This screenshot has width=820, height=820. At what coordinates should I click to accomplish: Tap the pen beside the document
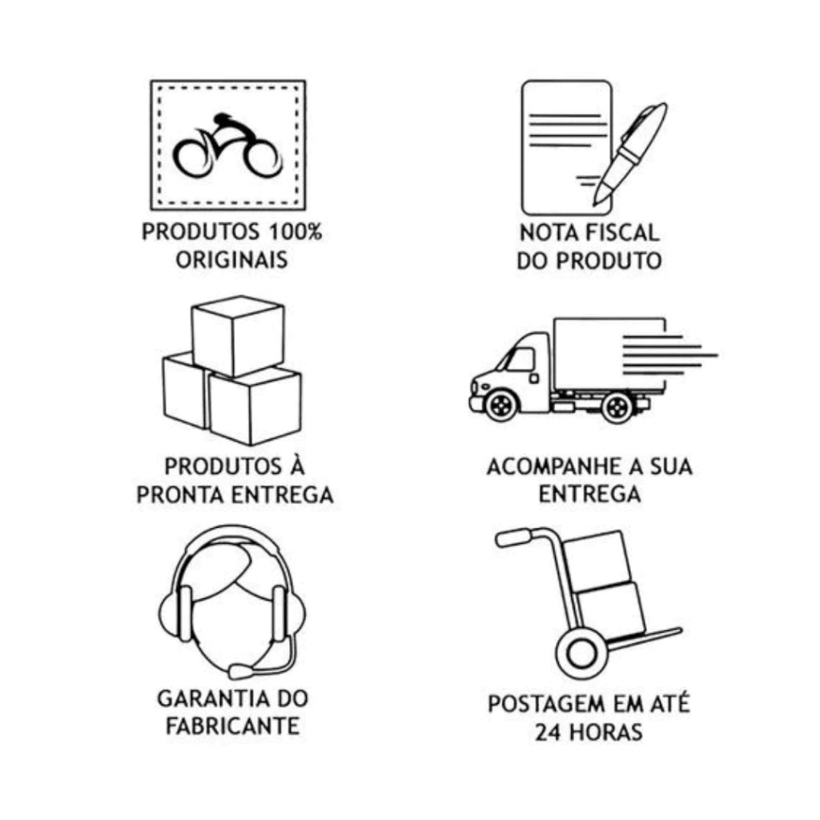pyautogui.click(x=629, y=155)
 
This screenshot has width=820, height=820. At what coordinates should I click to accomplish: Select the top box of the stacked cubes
pyautogui.click(x=239, y=336)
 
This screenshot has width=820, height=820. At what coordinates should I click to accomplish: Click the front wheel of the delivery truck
pyautogui.click(x=501, y=404)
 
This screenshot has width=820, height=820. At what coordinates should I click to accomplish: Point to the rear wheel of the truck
pyautogui.click(x=617, y=406)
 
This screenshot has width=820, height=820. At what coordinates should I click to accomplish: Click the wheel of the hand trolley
pyautogui.click(x=581, y=653)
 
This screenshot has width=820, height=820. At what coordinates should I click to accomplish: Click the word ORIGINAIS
pyautogui.click(x=231, y=260)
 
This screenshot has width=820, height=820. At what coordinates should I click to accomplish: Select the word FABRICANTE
pyautogui.click(x=233, y=726)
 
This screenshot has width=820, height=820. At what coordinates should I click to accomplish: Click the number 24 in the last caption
pyautogui.click(x=548, y=732)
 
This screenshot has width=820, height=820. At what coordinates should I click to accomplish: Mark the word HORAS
pyautogui.click(x=605, y=732)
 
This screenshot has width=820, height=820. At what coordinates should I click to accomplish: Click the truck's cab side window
pyautogui.click(x=519, y=360)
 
